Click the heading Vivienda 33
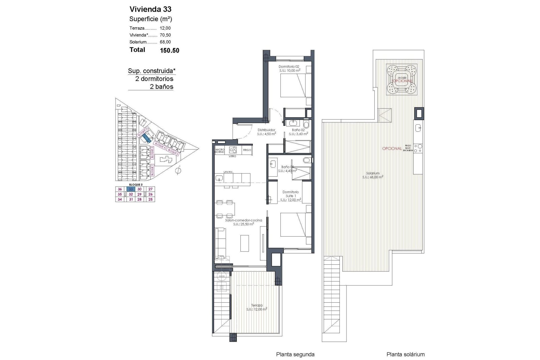tap(150, 9)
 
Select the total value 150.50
tap(169, 51)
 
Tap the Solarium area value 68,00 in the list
tap(165, 42)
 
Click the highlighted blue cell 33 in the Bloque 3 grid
tap(131, 189)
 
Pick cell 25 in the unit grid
tap(150, 199)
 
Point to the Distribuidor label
tap(266, 130)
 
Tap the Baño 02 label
tap(298, 130)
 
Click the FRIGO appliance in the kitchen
tap(247, 150)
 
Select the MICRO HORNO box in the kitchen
tap(220, 150)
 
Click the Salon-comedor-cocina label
tap(244, 220)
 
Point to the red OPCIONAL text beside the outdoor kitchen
tap(392, 148)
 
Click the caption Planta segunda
tap(295, 354)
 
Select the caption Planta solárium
tap(405, 354)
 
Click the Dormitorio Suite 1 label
tap(291, 194)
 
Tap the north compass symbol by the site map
tap(178, 170)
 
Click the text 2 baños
tap(161, 87)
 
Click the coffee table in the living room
tap(244, 243)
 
